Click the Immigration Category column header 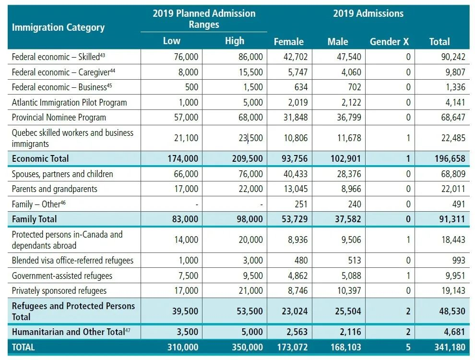point(58,27)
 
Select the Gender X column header point(389,42)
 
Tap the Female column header point(288,42)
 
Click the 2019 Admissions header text point(368,13)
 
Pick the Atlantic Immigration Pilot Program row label point(69,102)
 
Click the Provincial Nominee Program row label point(59,117)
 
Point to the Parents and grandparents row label point(54,189)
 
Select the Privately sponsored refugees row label point(59,290)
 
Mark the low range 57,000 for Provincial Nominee point(185,117)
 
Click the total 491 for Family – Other point(458,204)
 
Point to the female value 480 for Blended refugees point(300,261)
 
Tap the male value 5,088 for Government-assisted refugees point(351,276)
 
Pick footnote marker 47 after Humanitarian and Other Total point(128,330)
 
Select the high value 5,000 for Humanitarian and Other point(251,332)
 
